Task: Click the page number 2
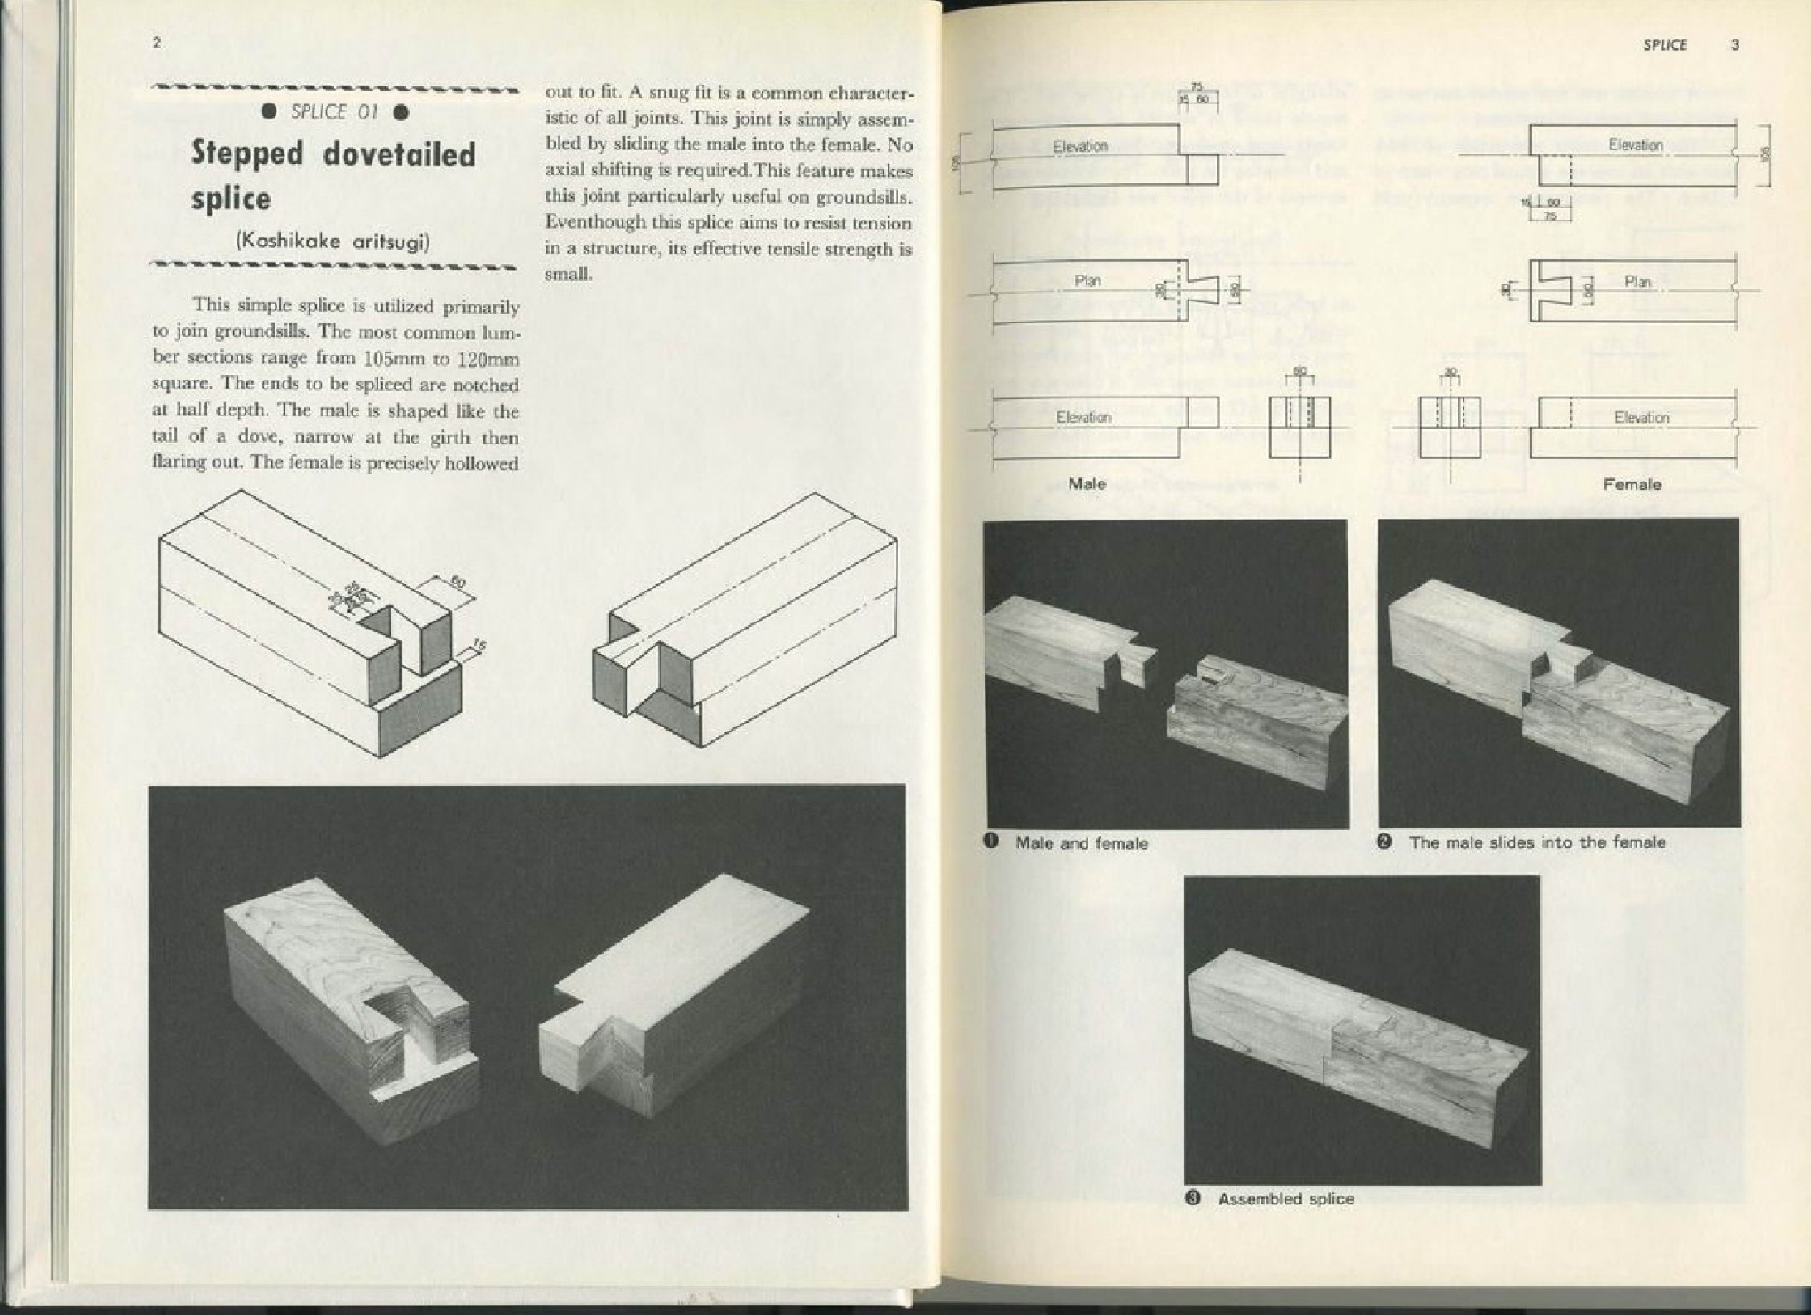pyautogui.click(x=157, y=43)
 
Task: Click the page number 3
pyautogui.click(x=1735, y=45)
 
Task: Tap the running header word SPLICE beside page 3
pyautogui.click(x=1665, y=45)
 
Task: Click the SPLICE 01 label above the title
pyautogui.click(x=334, y=113)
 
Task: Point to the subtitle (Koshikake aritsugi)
pyautogui.click(x=333, y=242)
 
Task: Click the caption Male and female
pyautogui.click(x=1081, y=844)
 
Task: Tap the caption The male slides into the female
pyautogui.click(x=1537, y=843)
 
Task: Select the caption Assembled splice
pyautogui.click(x=1286, y=1199)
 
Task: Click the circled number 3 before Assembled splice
pyautogui.click(x=1194, y=1198)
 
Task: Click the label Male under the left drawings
pyautogui.click(x=1087, y=484)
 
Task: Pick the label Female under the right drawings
pyautogui.click(x=1631, y=484)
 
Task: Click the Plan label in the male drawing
pyautogui.click(x=1087, y=282)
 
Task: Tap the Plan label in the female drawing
pyautogui.click(x=1637, y=282)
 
